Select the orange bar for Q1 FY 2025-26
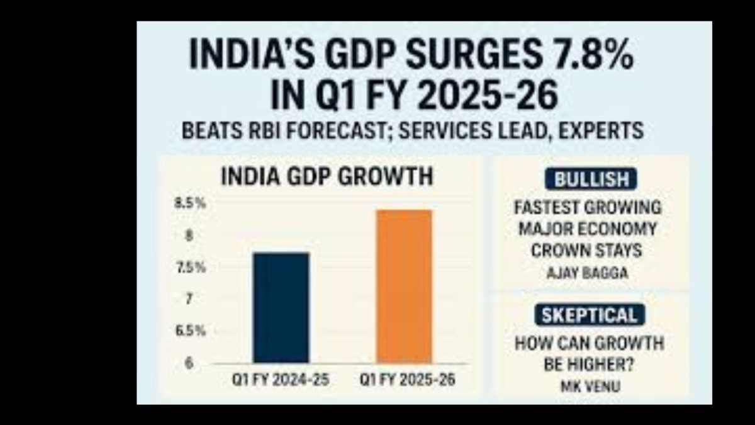tap(405, 286)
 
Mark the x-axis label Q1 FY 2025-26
tap(407, 381)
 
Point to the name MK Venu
tap(589, 385)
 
